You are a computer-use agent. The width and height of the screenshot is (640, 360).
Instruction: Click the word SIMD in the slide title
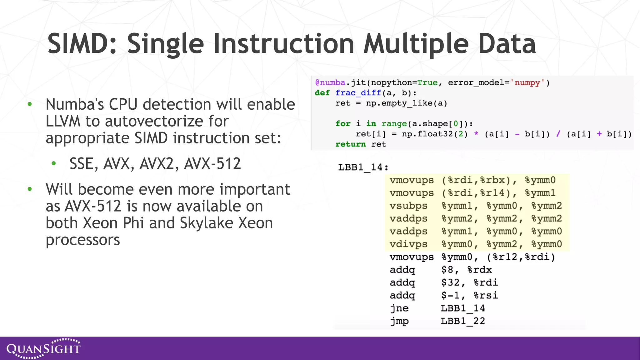82,44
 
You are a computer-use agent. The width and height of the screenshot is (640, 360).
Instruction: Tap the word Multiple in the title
416,44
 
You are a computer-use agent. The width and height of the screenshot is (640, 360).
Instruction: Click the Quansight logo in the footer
43,348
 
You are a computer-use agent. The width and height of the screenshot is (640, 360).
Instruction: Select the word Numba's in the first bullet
75,104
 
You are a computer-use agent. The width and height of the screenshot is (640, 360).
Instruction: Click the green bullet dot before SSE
54,163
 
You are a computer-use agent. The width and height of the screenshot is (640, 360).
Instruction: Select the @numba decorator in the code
330,82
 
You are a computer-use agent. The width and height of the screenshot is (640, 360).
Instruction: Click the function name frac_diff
358,93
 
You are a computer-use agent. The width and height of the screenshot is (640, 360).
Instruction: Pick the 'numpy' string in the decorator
527,82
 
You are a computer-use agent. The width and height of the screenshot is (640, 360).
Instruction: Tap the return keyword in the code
350,144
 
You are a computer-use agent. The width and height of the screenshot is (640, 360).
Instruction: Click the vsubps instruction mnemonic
408,206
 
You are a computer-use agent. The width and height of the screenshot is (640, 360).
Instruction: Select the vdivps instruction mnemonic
408,244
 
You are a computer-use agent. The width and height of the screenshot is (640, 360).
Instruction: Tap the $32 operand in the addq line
450,282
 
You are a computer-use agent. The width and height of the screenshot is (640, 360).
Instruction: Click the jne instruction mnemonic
399,308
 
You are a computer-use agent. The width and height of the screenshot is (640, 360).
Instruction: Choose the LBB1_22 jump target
463,321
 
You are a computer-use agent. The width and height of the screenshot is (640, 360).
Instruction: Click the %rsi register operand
486,295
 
